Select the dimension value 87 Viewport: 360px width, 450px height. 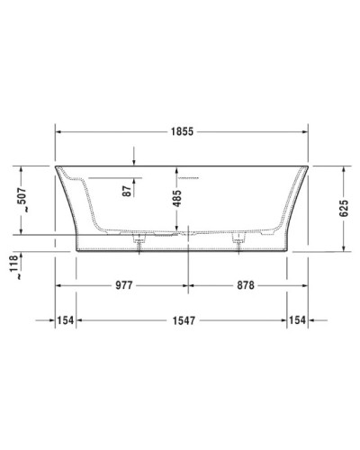[128, 189]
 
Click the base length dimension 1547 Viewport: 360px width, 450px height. [183, 320]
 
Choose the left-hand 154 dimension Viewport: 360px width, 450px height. [65, 320]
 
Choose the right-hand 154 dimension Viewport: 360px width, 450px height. [301, 320]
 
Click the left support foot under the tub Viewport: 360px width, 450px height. [139, 240]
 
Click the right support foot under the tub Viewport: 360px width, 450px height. [239, 240]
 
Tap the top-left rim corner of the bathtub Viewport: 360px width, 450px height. [57, 166]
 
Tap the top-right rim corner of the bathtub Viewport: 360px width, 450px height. [310, 166]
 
